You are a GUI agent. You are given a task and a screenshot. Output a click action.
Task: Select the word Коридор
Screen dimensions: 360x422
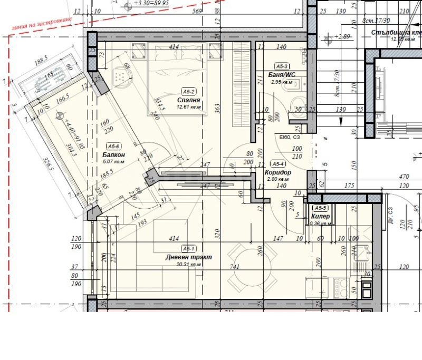[x=279, y=172]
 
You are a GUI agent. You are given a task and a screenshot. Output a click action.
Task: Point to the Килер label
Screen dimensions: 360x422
[x=321, y=216]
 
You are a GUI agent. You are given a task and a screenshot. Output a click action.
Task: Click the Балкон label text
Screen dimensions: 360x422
[x=114, y=155]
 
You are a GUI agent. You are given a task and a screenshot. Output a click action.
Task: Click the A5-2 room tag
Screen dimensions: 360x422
[x=189, y=91]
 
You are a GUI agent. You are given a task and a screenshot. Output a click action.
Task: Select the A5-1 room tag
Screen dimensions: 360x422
[x=189, y=249]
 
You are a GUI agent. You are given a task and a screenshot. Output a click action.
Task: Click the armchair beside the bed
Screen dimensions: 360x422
[x=122, y=78]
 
